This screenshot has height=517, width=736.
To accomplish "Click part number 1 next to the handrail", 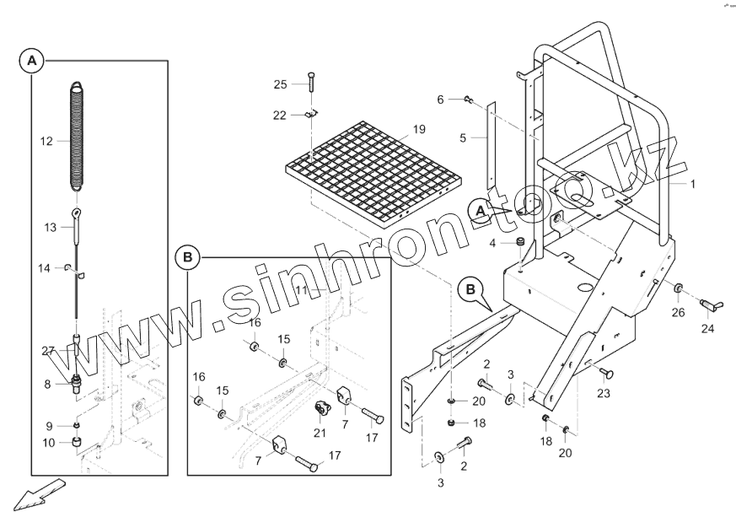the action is pos(693,183).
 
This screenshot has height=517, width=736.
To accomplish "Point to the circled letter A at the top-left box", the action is pos(31,62).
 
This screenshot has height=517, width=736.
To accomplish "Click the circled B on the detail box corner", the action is pos(187,257).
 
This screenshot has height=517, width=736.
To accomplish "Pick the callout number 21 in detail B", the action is pos(319,434).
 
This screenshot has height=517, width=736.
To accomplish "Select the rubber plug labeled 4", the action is pos(519,245).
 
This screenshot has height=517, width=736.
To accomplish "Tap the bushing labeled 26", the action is pos(678,291).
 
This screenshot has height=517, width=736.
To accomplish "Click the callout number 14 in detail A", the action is pos(44,268).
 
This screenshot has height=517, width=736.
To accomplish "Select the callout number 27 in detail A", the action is pos(48,351).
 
